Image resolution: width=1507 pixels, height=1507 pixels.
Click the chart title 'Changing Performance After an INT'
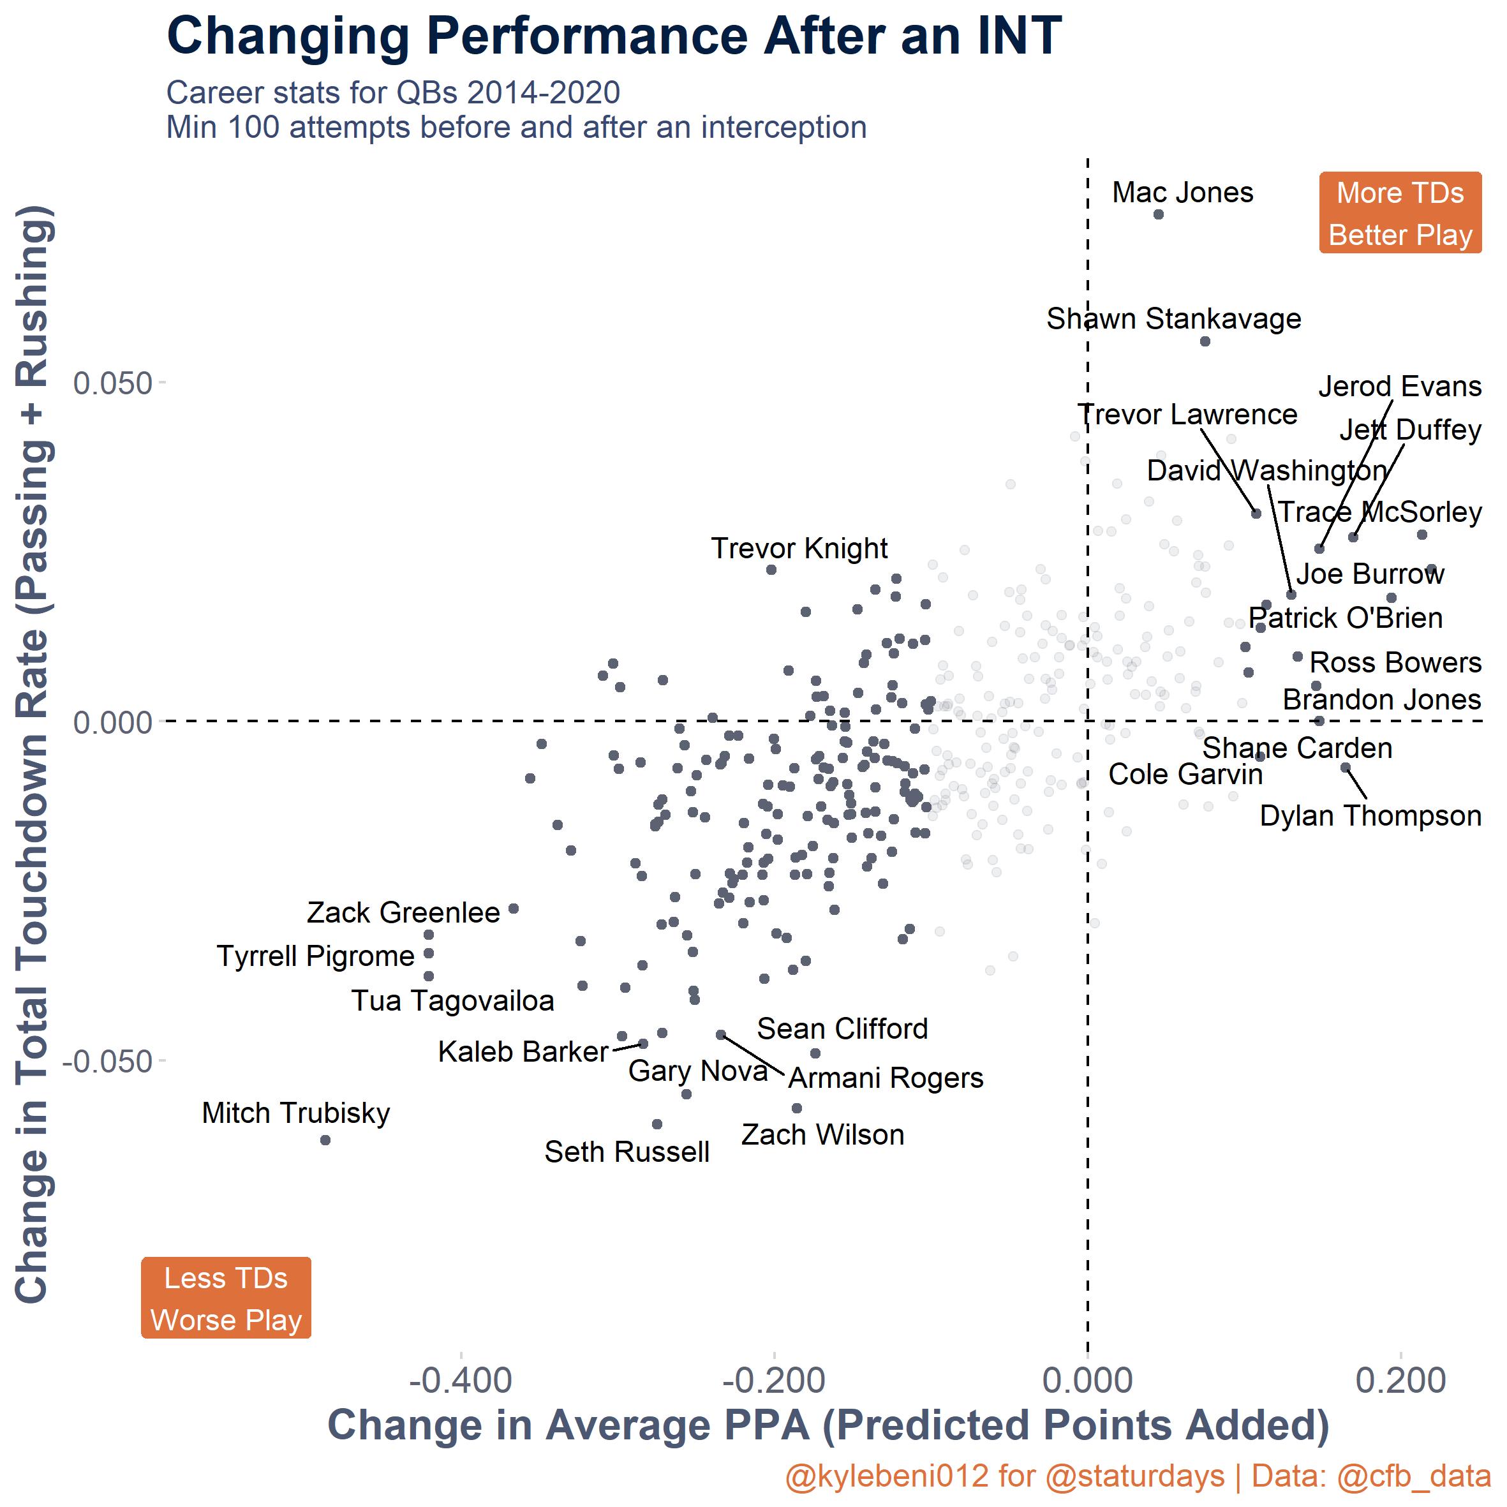click(x=614, y=36)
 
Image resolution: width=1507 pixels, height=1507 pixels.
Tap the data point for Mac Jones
click(x=1159, y=214)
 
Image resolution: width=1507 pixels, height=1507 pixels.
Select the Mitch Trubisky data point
click(x=325, y=1140)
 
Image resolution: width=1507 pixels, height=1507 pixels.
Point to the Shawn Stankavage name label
click(x=1173, y=318)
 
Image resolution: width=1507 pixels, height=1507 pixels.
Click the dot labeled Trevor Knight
click(x=771, y=569)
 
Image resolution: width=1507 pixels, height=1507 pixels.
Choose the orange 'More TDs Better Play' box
click(x=1400, y=213)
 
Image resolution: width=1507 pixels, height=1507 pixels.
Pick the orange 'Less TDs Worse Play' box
click(x=226, y=1298)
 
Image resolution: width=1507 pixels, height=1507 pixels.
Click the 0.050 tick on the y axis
click(x=112, y=384)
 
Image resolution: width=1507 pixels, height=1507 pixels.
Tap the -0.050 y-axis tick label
click(x=107, y=1061)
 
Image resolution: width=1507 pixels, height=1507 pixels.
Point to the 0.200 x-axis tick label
click(x=1401, y=1381)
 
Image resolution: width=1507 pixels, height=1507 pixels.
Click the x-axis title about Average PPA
click(x=828, y=1425)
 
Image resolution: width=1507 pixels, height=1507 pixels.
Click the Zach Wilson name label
click(x=822, y=1135)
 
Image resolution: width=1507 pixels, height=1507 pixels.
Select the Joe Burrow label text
click(x=1370, y=574)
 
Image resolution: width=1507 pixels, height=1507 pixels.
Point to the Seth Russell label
click(x=627, y=1152)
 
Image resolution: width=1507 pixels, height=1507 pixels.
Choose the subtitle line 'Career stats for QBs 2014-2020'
click(x=393, y=93)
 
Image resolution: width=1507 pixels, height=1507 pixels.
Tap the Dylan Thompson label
click(x=1370, y=816)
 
